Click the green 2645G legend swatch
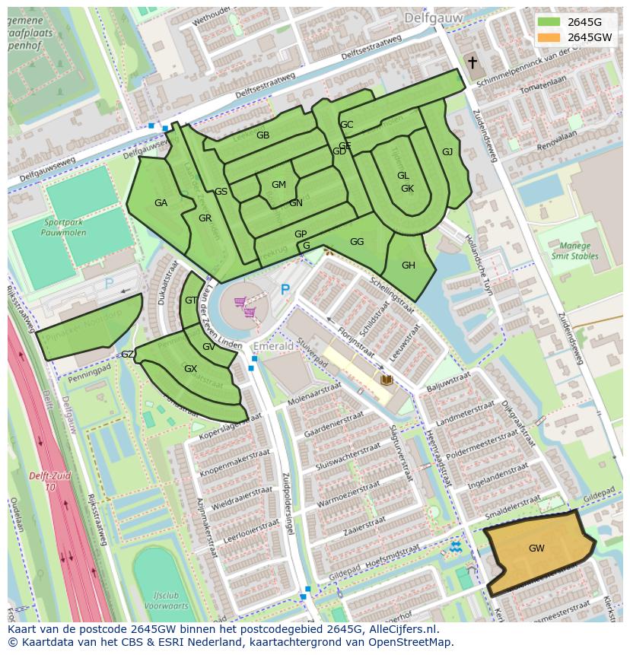548,22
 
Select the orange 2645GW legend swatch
548,37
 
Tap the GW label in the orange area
536,548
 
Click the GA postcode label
161,203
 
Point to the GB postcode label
262,135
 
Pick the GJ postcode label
447,152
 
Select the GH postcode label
409,265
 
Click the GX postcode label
190,369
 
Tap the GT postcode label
190,300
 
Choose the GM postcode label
278,185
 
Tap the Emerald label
273,346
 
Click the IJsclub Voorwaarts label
164,602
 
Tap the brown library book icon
387,379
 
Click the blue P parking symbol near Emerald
285,290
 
